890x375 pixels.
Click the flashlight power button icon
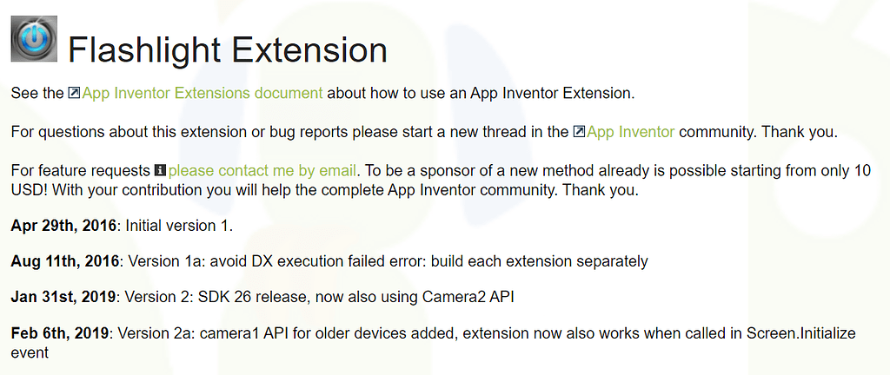(x=34, y=39)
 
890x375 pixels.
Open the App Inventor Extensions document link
(x=202, y=93)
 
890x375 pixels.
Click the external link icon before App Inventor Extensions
(x=74, y=93)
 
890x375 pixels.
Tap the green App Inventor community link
(x=631, y=132)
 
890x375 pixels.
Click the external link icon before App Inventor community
(x=580, y=132)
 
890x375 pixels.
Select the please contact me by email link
(x=262, y=171)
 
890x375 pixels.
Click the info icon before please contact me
(x=159, y=171)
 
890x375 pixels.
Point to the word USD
(x=28, y=189)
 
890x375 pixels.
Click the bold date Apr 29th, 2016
(x=64, y=226)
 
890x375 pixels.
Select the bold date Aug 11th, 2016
(x=65, y=260)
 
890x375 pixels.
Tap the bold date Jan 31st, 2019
(x=63, y=297)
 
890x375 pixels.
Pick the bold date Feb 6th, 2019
(x=60, y=333)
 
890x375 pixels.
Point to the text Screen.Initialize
(x=798, y=333)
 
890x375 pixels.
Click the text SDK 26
(x=215, y=297)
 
